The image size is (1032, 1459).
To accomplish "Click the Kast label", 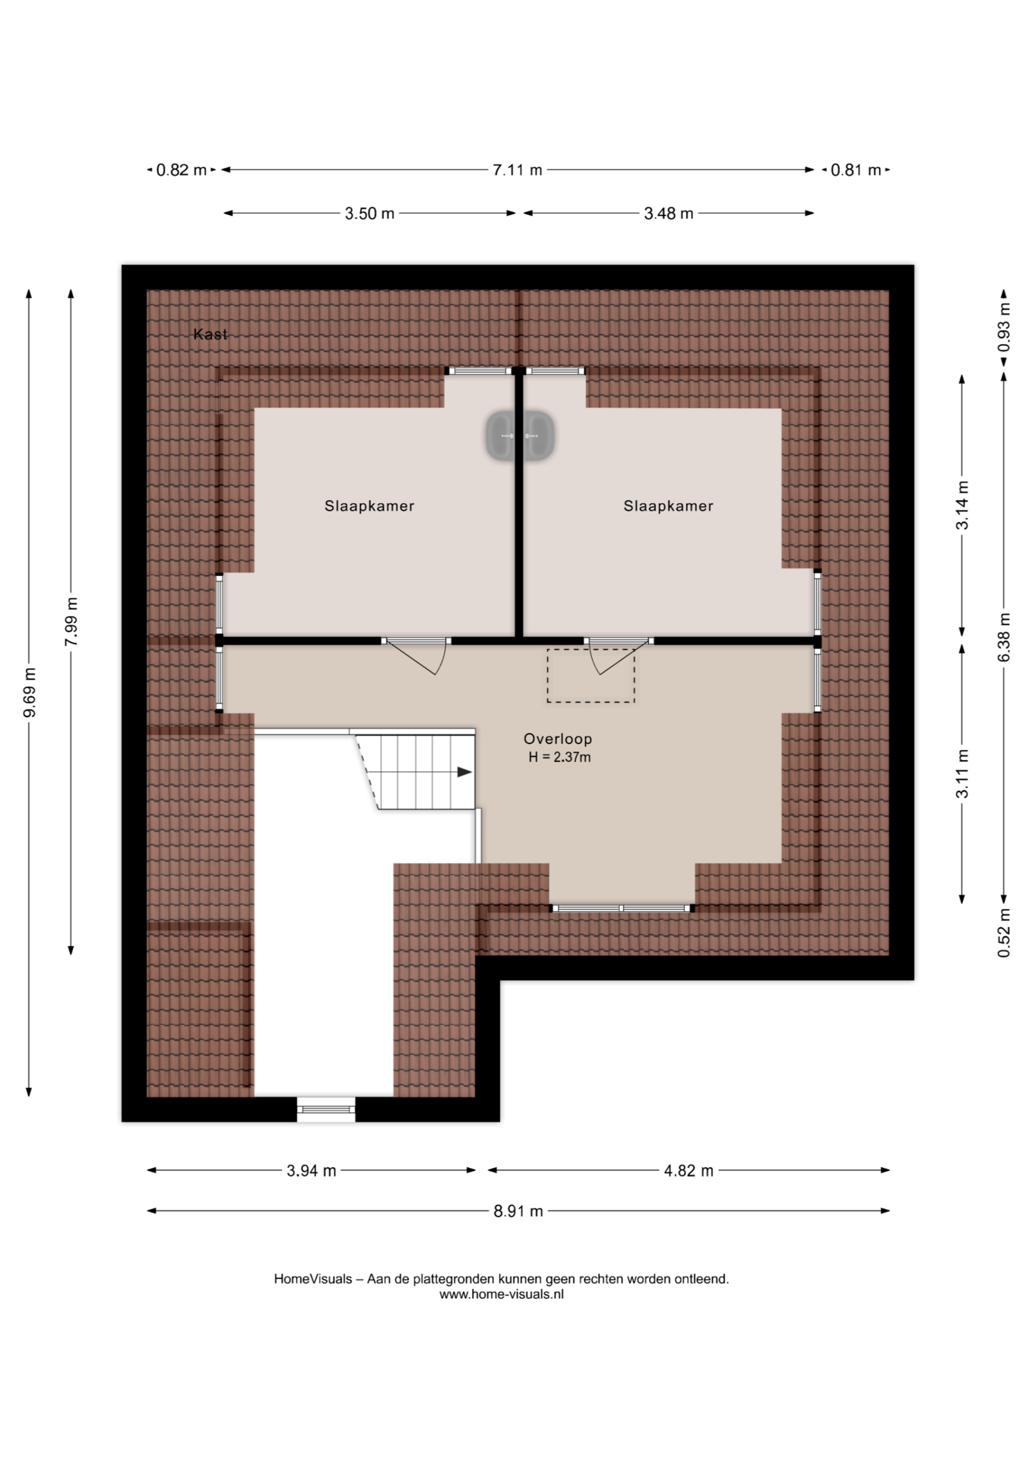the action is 210,334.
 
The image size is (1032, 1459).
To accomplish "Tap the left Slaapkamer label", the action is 369,506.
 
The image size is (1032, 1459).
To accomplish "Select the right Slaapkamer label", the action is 669,506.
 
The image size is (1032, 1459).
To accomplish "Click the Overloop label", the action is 558,739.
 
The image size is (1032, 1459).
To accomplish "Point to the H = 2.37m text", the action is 560,757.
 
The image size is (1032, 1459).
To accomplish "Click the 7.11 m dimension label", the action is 518,170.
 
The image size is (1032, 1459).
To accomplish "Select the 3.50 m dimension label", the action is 369,214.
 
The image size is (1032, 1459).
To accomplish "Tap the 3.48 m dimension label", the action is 669,214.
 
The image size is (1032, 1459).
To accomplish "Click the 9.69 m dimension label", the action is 30,692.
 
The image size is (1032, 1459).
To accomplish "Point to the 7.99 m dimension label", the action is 71,622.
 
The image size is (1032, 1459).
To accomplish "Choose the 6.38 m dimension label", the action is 1004,637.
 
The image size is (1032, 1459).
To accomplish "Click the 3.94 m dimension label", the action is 312,1171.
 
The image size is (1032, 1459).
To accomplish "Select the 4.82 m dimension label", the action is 689,1171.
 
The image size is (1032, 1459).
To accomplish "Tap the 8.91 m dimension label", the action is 518,1211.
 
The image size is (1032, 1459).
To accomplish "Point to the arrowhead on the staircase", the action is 464,772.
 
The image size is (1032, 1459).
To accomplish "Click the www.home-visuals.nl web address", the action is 502,1294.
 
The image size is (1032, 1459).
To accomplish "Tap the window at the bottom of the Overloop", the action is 622,908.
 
